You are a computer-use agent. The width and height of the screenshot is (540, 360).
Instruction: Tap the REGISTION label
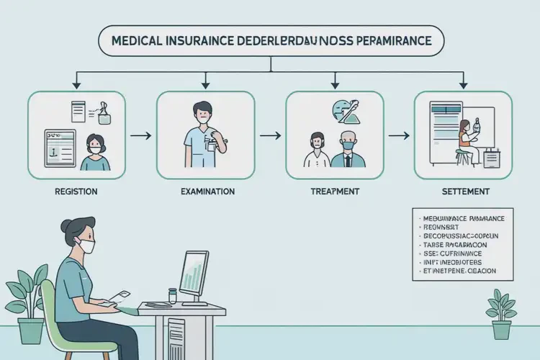tap(76, 193)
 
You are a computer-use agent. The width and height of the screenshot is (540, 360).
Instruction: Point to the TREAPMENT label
tap(335, 192)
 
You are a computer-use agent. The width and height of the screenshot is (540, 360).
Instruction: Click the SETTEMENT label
tap(465, 192)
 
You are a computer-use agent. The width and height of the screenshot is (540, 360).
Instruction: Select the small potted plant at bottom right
tap(500, 314)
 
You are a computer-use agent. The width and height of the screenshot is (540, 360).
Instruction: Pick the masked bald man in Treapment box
tap(348, 148)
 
